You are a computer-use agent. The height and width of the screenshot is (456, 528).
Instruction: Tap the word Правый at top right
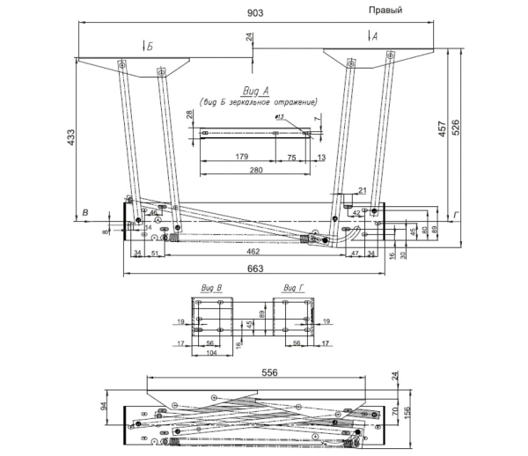[x=385, y=10]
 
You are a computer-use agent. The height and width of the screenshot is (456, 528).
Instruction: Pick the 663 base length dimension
[x=256, y=268]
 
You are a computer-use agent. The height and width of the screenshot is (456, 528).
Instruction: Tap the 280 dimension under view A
[x=255, y=169]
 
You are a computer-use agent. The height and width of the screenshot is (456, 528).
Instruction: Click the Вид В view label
[x=211, y=288]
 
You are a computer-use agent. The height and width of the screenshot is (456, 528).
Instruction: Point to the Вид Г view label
[x=294, y=288]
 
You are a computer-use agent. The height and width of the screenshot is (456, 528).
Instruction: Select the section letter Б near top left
[x=150, y=46]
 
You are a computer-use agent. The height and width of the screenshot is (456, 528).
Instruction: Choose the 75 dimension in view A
[x=291, y=156]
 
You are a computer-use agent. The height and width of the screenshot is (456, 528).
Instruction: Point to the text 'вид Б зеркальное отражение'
[x=258, y=102]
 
